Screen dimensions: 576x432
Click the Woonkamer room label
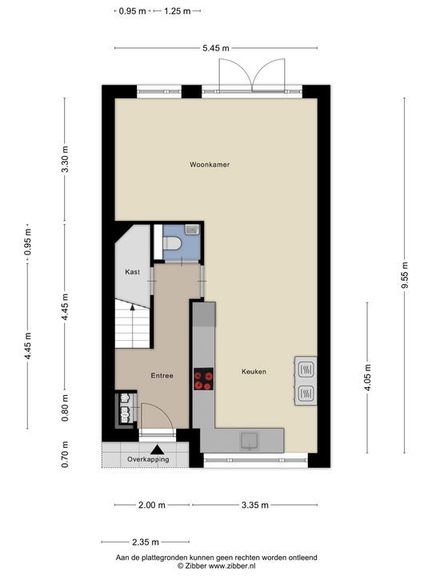point(210,165)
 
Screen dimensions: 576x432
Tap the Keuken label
point(254,372)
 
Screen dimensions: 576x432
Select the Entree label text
point(163,374)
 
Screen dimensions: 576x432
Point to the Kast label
point(133,273)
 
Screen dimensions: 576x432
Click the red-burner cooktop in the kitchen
point(204,379)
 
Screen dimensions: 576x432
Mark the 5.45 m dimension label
point(215,48)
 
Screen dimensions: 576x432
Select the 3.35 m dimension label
point(254,505)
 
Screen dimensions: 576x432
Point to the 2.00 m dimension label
point(151,505)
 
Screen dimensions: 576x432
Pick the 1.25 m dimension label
point(178,11)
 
